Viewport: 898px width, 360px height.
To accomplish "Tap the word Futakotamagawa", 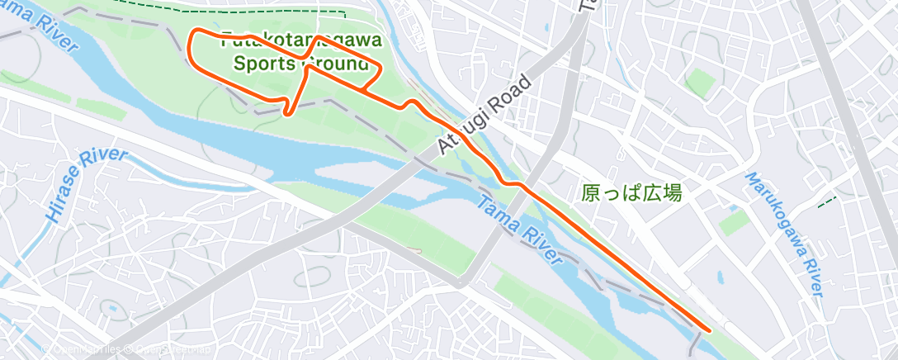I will pyautogui.click(x=300, y=40).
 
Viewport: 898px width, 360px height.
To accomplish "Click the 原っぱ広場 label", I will pyautogui.click(x=631, y=193).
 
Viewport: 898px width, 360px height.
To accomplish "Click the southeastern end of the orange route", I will pyautogui.click(x=709, y=329).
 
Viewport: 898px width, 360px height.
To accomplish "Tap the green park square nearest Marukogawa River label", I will pyautogui.click(x=733, y=221).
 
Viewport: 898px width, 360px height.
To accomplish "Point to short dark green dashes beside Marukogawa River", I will pyautogui.click(x=826, y=200).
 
